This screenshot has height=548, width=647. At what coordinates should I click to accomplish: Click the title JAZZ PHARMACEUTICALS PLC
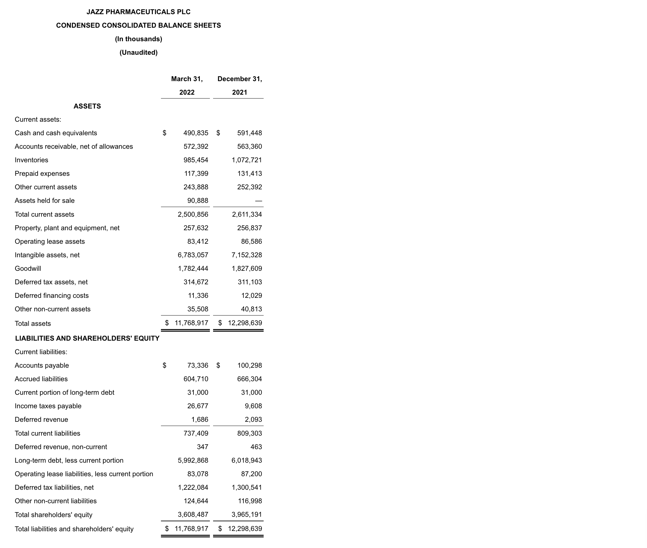click(138, 12)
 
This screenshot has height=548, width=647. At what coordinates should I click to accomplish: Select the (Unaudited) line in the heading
click(138, 52)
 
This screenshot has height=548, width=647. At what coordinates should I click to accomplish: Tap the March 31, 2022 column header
click(187, 86)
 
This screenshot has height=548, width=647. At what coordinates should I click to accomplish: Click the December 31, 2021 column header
click(239, 86)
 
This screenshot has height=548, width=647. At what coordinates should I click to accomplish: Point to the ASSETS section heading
click(87, 106)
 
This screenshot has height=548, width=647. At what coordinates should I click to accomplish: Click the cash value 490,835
click(196, 133)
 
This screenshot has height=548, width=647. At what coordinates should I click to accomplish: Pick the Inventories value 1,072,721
click(247, 160)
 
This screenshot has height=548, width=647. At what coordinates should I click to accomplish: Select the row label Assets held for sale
click(44, 201)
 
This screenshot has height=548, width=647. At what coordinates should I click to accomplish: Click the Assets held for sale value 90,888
click(198, 201)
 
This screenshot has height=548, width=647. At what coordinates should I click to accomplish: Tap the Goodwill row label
click(28, 269)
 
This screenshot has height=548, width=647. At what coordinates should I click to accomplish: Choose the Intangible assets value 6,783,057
click(193, 255)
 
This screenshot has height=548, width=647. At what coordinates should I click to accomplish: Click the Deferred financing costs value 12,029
click(251, 296)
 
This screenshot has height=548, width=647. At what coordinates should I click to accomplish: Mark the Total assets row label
click(33, 324)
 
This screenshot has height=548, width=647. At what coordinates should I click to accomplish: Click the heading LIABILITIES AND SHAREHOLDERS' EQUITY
click(87, 338)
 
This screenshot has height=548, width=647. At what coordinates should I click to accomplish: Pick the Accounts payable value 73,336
click(198, 365)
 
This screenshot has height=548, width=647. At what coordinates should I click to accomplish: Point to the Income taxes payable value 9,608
click(253, 406)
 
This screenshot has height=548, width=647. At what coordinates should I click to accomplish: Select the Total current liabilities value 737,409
click(196, 433)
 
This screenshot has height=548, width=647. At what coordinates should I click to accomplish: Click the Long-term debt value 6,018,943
click(247, 460)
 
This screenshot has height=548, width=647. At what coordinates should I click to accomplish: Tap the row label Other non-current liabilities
click(56, 501)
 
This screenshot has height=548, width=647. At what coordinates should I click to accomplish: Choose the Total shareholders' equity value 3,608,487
click(193, 515)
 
